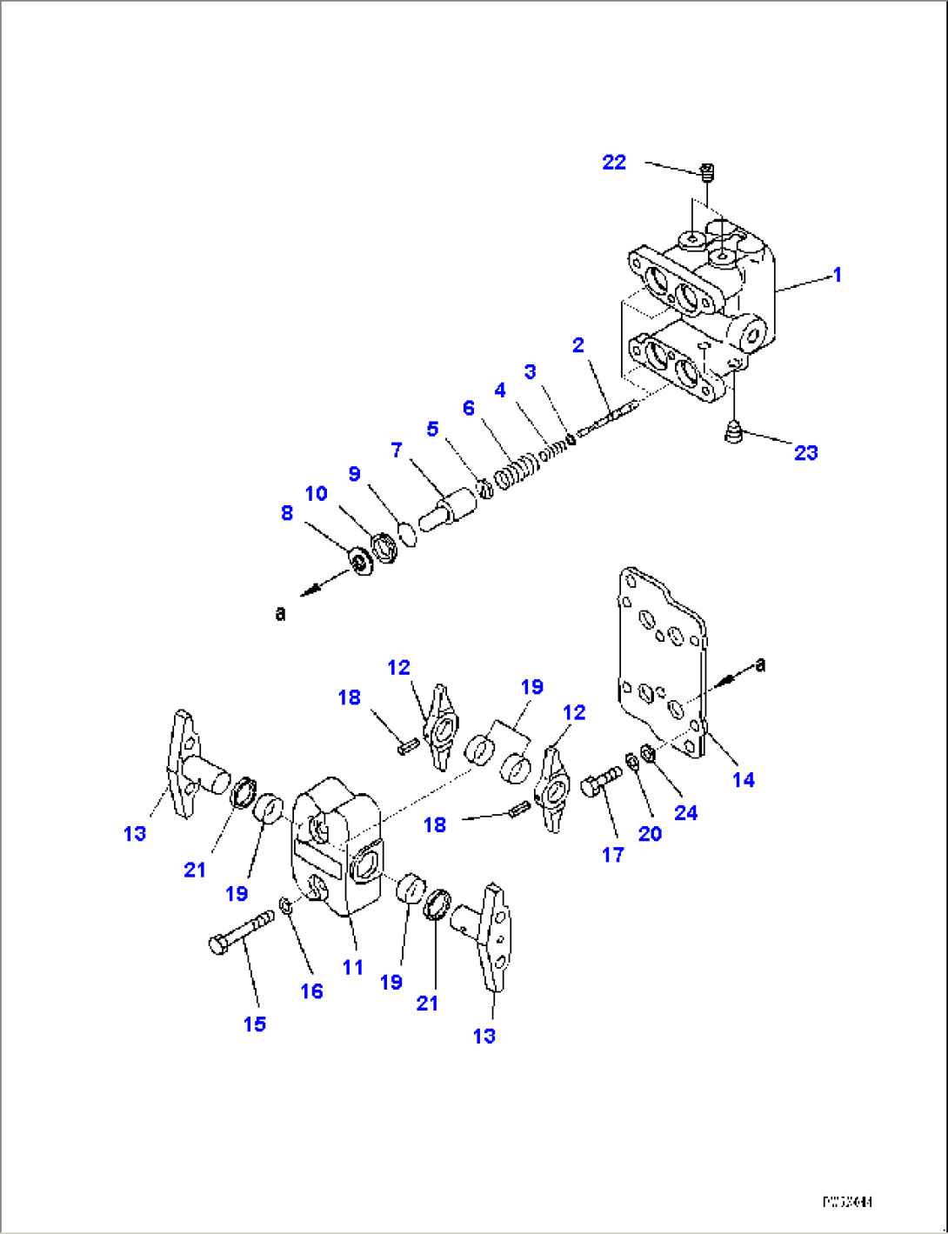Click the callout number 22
click(x=614, y=163)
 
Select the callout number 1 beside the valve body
click(x=837, y=276)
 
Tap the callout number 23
click(x=805, y=452)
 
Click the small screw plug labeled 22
click(x=707, y=171)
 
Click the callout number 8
click(x=287, y=513)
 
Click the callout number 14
click(x=743, y=780)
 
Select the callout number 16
click(x=311, y=991)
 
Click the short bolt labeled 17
click(x=601, y=785)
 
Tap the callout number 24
click(x=685, y=812)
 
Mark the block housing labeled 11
click(x=336, y=844)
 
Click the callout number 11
click(x=352, y=967)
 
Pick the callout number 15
click(x=254, y=1024)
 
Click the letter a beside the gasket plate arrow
click(x=761, y=665)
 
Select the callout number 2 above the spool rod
click(x=578, y=345)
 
